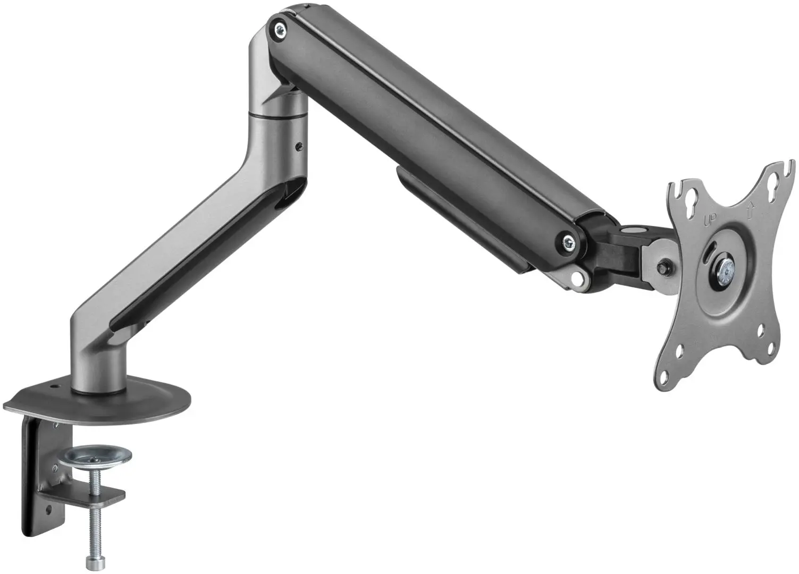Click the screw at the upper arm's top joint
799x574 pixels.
tap(277, 30)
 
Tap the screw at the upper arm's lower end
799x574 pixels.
tap(567, 242)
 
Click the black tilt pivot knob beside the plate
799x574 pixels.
tap(662, 267)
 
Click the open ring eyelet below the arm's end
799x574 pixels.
tap(575, 276)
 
